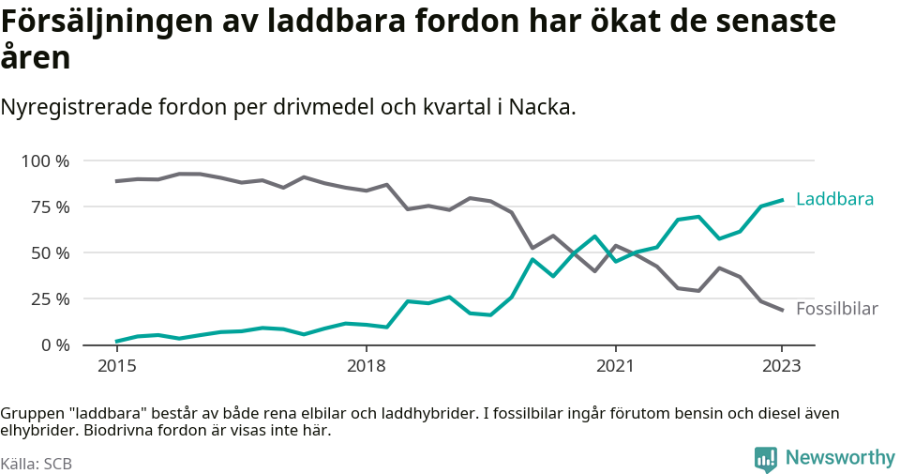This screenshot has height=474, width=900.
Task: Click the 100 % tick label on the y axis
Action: click(x=45, y=161)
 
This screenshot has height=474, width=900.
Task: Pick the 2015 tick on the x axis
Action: click(x=116, y=365)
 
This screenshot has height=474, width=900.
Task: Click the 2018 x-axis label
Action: click(x=366, y=365)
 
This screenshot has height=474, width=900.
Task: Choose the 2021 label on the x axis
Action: click(x=615, y=365)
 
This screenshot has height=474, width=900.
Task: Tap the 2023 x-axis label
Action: click(x=782, y=365)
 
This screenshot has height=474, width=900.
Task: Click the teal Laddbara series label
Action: click(x=834, y=199)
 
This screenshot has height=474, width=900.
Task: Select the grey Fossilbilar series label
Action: click(x=836, y=309)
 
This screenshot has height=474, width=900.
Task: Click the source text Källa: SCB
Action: click(x=37, y=464)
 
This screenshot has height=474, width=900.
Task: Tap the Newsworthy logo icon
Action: click(x=766, y=459)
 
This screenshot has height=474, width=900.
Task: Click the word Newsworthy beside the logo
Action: click(x=840, y=458)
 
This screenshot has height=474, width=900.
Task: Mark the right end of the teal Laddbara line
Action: click(x=782, y=200)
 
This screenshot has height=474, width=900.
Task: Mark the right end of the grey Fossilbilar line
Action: click(x=782, y=310)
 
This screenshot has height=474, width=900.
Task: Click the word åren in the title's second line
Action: click(x=35, y=58)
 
